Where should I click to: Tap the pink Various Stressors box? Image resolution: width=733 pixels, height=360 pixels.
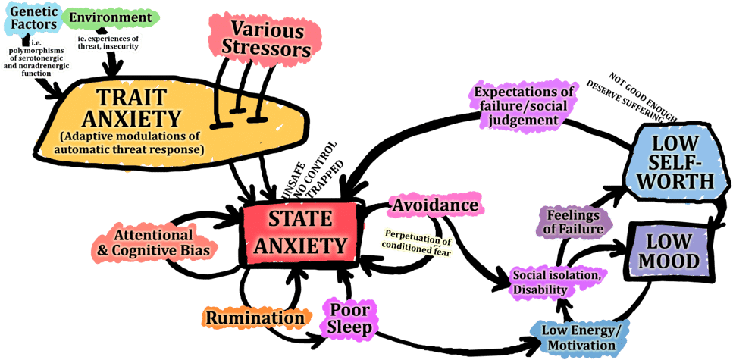[x=262, y=39]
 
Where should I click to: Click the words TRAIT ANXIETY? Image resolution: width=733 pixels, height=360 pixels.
[x=131, y=108]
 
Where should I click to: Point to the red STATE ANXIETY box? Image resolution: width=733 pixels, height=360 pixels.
[x=300, y=232]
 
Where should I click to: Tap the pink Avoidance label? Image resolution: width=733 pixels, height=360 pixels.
[x=435, y=205]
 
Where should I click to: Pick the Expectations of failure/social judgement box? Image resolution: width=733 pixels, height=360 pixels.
[x=525, y=105]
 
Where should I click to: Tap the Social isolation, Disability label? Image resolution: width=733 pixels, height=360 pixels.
[x=556, y=282]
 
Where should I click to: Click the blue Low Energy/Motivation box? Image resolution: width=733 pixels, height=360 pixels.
[x=579, y=337]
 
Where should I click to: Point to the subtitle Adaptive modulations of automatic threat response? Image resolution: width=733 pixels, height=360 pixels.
[x=130, y=144]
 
